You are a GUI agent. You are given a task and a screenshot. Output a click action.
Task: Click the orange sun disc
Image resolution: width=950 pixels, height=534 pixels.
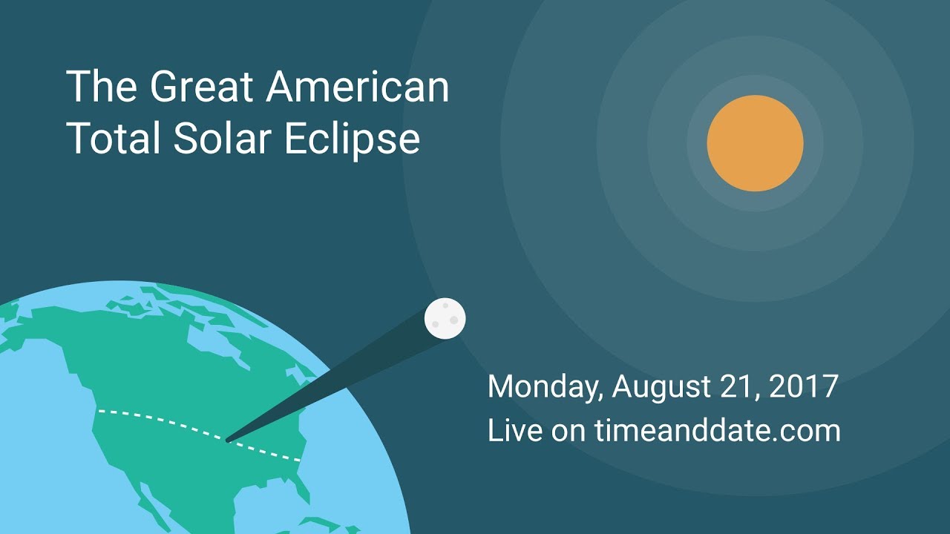[755, 143]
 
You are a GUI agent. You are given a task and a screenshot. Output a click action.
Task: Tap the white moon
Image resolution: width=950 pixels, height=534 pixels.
[445, 319]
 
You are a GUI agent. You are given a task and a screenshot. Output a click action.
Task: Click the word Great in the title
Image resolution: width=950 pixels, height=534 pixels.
[201, 87]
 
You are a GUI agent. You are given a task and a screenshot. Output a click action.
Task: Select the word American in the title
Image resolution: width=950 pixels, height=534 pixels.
[357, 87]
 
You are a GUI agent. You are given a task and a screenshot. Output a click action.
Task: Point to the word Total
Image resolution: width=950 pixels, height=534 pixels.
[114, 137]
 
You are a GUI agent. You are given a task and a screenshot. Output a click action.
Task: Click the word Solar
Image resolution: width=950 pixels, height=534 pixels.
[222, 137]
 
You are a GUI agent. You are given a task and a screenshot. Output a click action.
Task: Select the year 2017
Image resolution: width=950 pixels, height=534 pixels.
[803, 386]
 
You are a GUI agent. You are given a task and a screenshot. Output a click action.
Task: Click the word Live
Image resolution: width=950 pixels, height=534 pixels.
[515, 430]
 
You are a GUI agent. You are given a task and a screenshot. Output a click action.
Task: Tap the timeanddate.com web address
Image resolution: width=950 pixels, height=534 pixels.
[718, 430]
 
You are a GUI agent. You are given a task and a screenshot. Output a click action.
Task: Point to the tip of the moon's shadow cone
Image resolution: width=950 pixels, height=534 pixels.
[226, 441]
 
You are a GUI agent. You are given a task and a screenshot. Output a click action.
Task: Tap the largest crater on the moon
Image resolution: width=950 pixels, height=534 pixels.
[453, 320]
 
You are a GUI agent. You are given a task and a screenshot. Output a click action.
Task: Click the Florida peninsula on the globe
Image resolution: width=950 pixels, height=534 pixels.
[302, 487]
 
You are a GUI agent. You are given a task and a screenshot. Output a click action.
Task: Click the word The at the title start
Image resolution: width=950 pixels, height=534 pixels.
[102, 87]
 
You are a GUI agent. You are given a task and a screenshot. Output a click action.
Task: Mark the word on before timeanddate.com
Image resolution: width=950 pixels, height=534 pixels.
[569, 432]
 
